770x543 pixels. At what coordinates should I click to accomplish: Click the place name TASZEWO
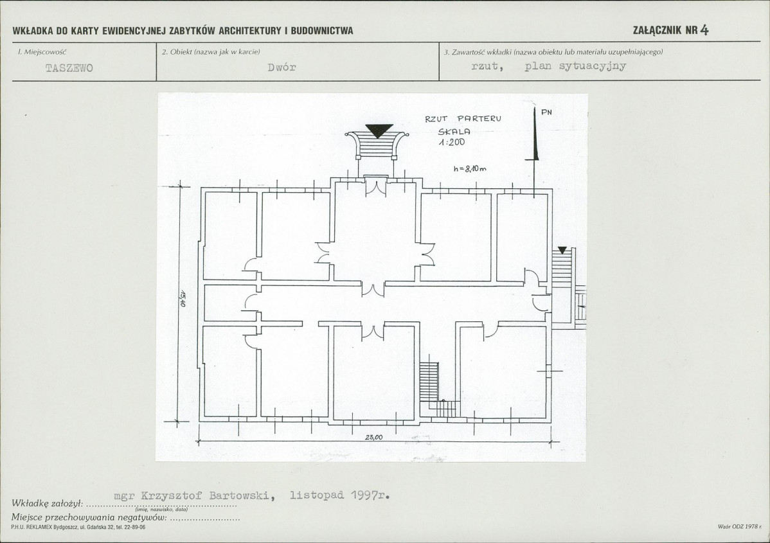click(x=69, y=68)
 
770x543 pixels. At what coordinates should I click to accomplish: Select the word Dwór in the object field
click(x=282, y=67)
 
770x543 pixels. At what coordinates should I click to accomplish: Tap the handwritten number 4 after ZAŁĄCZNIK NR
click(x=704, y=30)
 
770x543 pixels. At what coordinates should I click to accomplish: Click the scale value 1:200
click(x=451, y=143)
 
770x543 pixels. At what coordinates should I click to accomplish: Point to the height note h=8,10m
click(x=470, y=169)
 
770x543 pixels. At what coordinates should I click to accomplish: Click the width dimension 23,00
click(x=373, y=438)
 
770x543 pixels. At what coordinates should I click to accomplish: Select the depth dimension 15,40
click(x=182, y=299)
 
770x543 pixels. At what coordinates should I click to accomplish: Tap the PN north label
click(x=546, y=112)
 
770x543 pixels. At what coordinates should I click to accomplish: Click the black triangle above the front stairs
click(x=379, y=130)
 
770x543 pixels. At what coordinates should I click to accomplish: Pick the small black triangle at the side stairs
click(x=562, y=250)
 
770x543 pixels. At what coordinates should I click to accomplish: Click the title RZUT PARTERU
click(x=463, y=119)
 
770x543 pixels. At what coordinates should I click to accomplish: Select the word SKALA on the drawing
click(x=454, y=132)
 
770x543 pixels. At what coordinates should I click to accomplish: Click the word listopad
click(x=317, y=495)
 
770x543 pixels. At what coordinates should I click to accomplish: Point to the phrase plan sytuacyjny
click(x=575, y=66)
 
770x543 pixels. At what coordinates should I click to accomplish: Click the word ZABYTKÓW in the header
click(x=193, y=30)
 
